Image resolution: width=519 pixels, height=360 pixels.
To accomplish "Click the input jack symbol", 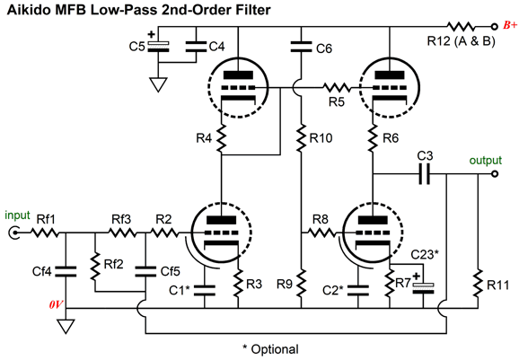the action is (13, 233).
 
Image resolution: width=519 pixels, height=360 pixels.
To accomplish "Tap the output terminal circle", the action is (495, 173).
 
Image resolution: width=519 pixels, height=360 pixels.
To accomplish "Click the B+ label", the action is (510, 25).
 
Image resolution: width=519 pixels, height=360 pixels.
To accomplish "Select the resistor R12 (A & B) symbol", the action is (461, 26).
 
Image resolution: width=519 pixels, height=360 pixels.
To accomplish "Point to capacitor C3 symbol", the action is (425, 173).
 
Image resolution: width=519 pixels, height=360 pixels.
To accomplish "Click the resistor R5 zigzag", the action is (337, 88).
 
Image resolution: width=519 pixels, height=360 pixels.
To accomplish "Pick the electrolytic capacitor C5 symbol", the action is (158, 47).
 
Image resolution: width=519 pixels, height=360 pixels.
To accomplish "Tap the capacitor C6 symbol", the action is (301, 47).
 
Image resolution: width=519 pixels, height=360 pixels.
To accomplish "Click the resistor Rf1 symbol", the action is (45, 233).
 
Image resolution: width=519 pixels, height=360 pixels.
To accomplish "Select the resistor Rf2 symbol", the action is (95, 266).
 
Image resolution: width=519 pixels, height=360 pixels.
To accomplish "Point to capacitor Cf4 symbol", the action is (66, 271).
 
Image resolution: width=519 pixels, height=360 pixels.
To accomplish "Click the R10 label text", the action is (321, 138).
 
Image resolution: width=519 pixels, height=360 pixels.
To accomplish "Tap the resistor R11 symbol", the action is (478, 284).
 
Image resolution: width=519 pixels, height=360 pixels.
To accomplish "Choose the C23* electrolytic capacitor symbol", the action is (423, 288).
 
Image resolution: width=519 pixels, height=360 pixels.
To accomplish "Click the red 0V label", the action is (56, 304).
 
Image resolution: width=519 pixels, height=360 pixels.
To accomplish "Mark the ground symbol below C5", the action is (158, 84).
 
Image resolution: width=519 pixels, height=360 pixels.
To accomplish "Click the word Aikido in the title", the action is (29, 10).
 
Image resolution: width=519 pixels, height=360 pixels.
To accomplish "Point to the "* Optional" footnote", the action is (270, 349).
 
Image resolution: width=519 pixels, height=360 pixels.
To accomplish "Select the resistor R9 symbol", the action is (301, 283).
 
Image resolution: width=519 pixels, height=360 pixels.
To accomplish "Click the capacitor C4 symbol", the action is (196, 47).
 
